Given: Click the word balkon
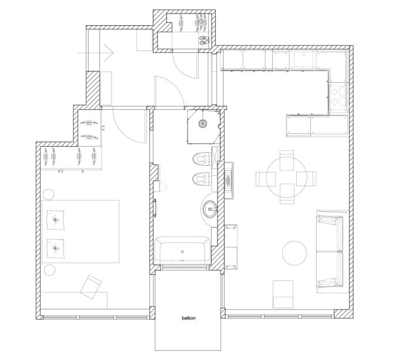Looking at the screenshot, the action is point(189,318).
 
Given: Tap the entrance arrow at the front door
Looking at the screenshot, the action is point(95,53).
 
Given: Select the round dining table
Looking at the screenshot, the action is point(287,177).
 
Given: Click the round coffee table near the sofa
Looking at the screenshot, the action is point(294,253).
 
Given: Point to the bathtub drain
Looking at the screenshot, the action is point(183,251).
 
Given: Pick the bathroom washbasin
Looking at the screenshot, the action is point(210,209).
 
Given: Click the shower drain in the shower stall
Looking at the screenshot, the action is point(203,124).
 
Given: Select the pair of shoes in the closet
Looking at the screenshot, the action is point(205,40).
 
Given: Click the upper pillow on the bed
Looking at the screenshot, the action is point(55,220).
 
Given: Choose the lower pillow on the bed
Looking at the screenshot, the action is point(55,248).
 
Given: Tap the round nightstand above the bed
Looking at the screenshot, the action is point(48,194).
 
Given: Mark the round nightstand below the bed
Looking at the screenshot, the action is point(50,270).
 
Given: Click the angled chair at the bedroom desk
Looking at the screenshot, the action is point(91,287).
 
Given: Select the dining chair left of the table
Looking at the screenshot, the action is point(266,179).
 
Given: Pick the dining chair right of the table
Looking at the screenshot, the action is point(306,179).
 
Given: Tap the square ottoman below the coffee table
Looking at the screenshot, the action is point(283,294).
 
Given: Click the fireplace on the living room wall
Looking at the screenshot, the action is point(229,180).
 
